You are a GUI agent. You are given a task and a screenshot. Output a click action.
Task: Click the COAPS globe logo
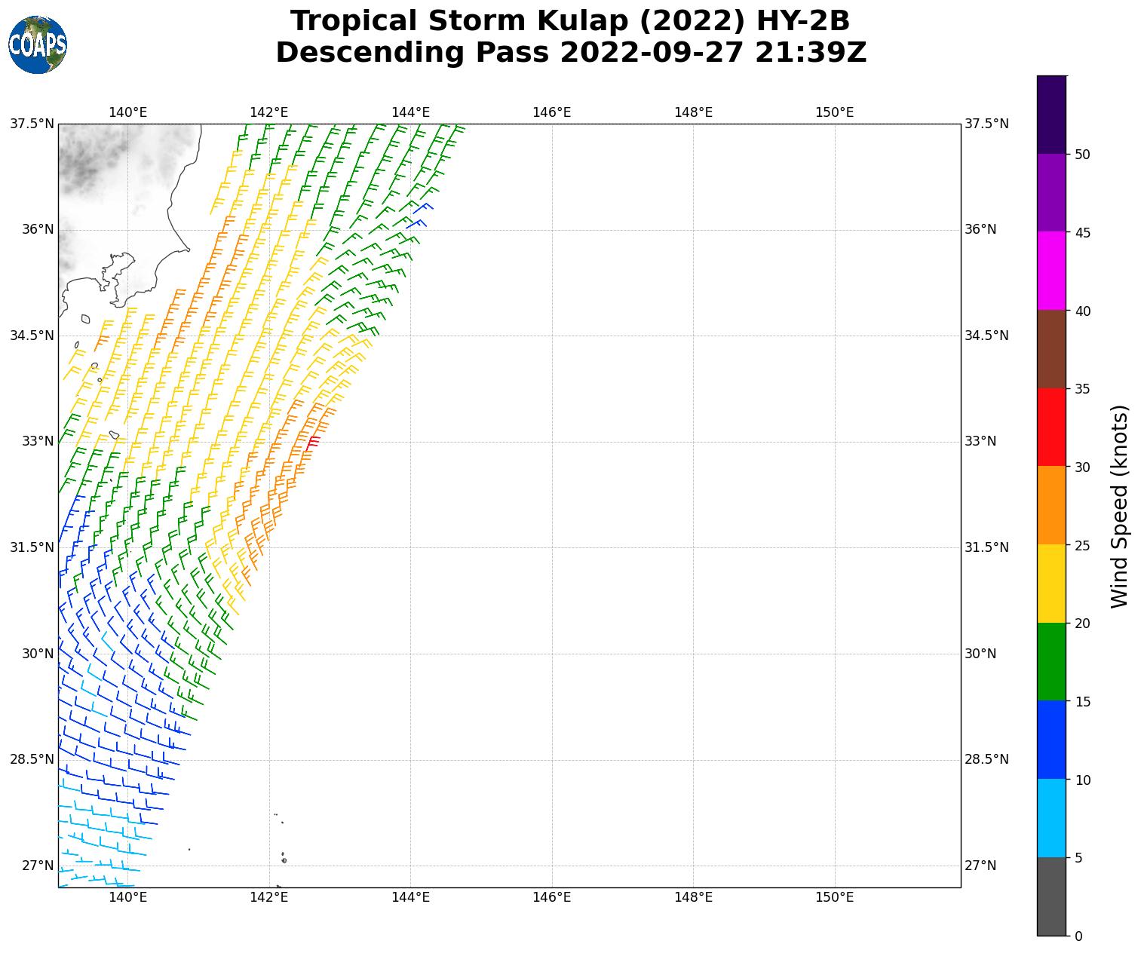tap(38, 45)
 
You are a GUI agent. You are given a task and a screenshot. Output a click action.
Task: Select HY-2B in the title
tap(797, 21)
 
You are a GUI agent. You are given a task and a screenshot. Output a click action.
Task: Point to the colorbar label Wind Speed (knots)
tap(1120, 506)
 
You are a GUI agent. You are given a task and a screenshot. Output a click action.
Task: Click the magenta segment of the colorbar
tap(1051, 271)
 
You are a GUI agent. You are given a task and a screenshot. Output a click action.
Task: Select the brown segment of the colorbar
tap(1051, 349)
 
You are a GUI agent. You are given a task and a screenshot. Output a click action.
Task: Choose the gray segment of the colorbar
tap(1051, 896)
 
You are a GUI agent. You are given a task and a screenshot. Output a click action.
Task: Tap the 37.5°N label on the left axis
tap(32, 124)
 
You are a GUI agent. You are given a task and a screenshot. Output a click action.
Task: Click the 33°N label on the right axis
tap(980, 441)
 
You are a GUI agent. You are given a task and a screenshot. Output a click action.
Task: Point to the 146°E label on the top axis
tap(551, 112)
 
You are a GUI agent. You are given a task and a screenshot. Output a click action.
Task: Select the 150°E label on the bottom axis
tap(834, 896)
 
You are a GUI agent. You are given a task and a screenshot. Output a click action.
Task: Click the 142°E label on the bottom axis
tap(269, 896)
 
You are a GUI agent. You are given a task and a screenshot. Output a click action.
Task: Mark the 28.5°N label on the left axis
tap(32, 759)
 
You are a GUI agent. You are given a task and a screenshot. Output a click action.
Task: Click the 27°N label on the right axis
tap(980, 866)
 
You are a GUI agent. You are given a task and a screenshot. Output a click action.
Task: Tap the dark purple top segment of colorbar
tap(1051, 115)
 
